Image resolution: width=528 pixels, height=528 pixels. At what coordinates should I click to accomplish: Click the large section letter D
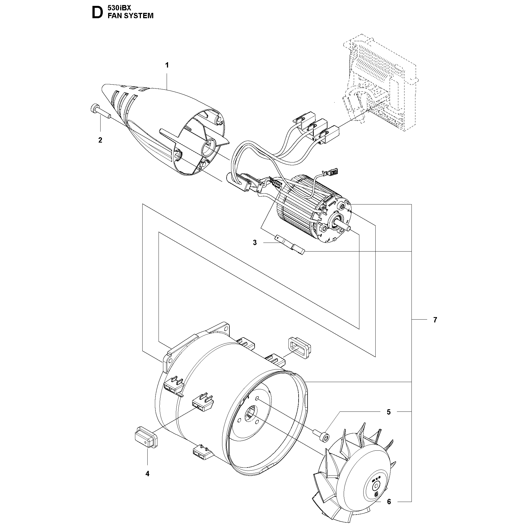(x=97, y=13)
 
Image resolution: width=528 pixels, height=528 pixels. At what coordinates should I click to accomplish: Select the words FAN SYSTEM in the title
(x=131, y=16)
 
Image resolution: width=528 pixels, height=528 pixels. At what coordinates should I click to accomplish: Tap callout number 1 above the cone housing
(x=167, y=65)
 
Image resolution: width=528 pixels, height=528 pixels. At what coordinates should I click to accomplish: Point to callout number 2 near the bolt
(x=100, y=140)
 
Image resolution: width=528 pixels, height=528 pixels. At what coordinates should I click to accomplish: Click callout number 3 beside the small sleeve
(x=255, y=243)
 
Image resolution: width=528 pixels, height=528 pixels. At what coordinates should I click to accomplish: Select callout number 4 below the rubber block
(x=147, y=474)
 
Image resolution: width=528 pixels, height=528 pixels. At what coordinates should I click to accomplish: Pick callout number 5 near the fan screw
(x=389, y=412)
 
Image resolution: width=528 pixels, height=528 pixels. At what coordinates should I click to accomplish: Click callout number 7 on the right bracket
(x=435, y=320)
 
